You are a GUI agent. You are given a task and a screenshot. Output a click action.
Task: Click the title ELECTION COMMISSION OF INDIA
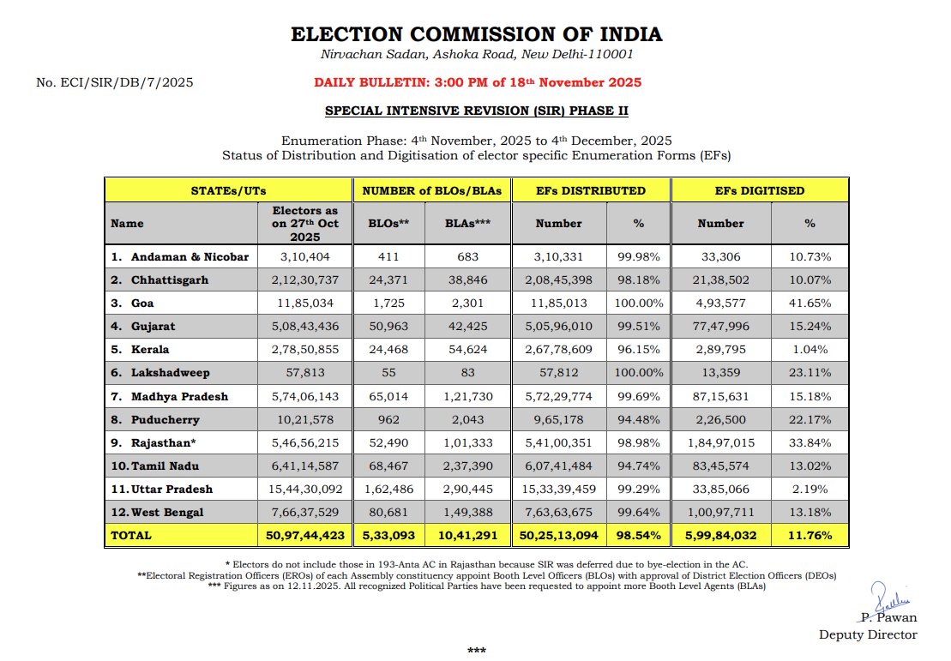tap(476, 35)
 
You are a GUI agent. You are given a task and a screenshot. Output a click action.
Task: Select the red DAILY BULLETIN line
tap(477, 83)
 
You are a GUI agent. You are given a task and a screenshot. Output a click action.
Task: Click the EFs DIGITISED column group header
tap(761, 190)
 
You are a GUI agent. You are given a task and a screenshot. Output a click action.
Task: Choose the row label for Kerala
tap(150, 350)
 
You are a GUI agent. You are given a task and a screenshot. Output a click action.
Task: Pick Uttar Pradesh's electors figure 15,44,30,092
tap(304, 489)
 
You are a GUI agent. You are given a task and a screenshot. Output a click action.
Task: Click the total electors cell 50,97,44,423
tap(304, 536)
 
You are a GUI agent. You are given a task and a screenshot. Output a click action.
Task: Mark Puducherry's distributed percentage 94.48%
tap(638, 419)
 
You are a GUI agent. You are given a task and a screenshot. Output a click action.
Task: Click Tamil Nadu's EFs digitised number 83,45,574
tap(720, 466)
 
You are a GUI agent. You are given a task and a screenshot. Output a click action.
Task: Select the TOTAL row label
tap(131, 536)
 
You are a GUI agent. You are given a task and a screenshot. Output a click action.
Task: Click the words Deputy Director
tap(868, 634)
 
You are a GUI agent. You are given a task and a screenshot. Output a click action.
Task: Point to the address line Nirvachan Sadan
tap(476, 55)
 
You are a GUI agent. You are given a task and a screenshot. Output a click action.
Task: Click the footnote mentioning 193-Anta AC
tap(486, 563)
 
